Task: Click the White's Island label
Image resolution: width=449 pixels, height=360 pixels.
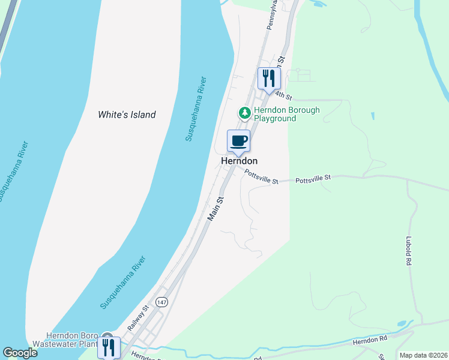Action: [x=127, y=115]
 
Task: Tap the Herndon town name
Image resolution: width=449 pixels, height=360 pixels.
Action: [x=239, y=161]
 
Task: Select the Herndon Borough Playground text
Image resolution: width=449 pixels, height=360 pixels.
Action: [x=286, y=114]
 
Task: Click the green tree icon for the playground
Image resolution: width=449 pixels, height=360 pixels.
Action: [x=244, y=112]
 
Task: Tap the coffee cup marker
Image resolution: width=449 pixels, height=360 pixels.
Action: [x=238, y=142]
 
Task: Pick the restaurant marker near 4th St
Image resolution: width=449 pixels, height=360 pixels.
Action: [x=270, y=78]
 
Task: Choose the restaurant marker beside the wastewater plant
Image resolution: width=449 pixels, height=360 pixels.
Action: [x=109, y=347]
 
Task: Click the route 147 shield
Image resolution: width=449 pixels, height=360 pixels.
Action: [x=160, y=302]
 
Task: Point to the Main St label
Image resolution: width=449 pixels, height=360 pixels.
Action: [x=215, y=210]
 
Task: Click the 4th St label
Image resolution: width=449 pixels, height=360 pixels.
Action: [x=283, y=96]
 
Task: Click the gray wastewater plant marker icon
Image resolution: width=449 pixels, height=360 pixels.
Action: [x=107, y=337]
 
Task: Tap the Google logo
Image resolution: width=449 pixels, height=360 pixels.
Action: [x=20, y=353]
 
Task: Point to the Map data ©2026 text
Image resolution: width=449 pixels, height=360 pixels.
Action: [x=423, y=355]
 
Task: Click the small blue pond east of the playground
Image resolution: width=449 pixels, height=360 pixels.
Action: [x=373, y=116]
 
